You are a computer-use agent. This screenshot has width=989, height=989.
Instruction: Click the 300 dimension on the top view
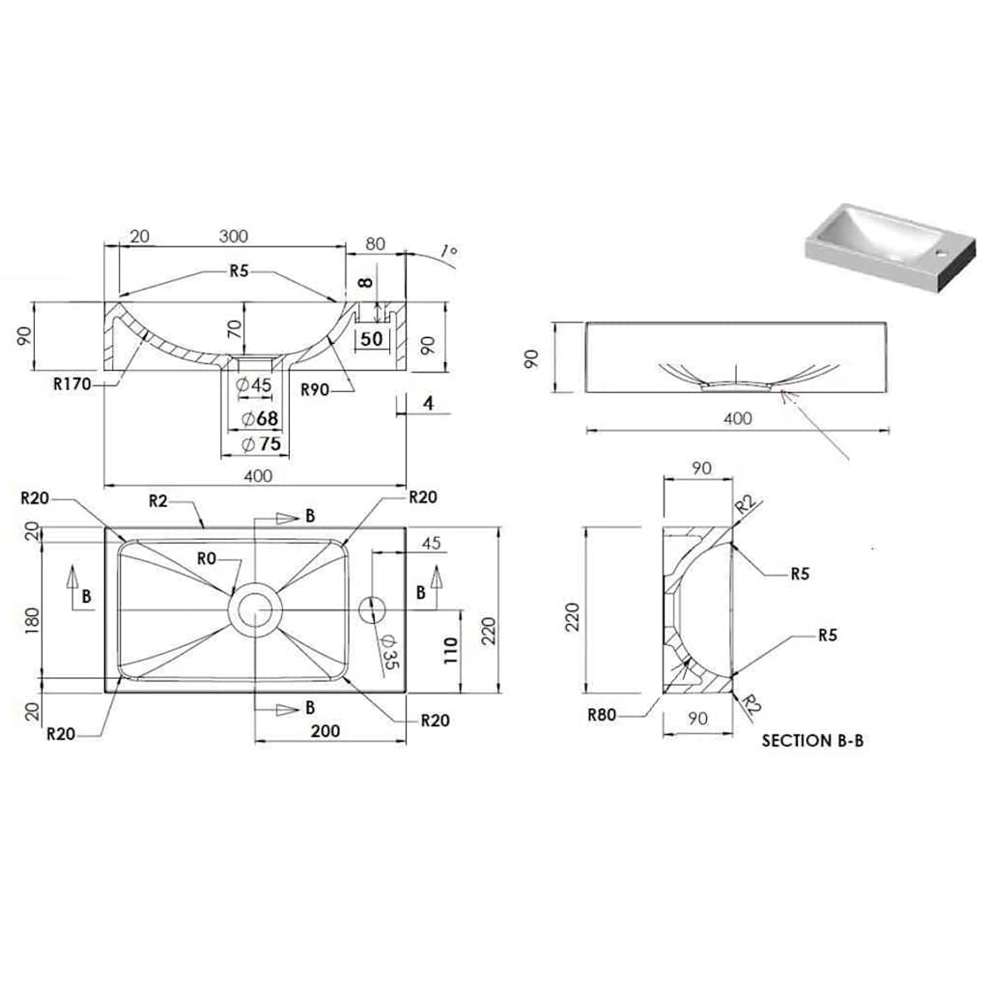pos(233,237)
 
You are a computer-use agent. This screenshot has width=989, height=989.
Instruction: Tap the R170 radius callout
pos(72,384)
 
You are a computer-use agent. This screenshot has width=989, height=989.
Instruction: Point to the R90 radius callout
pos(316,389)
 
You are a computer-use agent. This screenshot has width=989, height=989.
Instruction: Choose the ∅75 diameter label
pos(261,444)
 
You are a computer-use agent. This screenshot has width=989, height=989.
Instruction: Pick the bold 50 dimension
pos(372,338)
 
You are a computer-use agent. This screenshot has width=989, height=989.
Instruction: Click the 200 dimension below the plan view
pos(325,731)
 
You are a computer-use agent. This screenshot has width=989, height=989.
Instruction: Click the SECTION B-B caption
pos(811,741)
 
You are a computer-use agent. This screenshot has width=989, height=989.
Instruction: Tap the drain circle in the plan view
pos(255,609)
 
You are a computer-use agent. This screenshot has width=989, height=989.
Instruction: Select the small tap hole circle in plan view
pos(372,609)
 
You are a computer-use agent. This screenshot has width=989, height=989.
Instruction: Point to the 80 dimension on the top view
pos(375,244)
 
